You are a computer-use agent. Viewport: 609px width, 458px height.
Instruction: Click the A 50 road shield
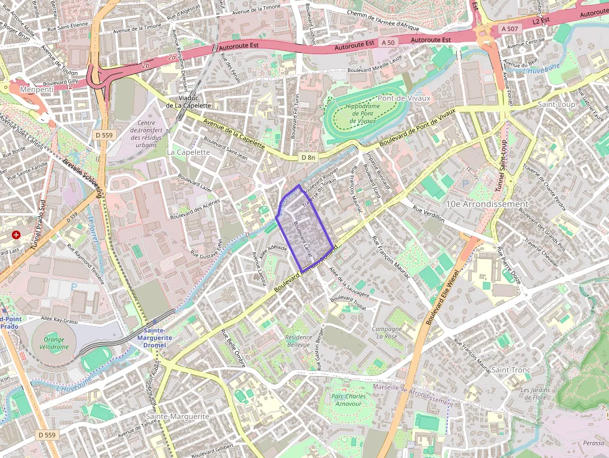(388, 42)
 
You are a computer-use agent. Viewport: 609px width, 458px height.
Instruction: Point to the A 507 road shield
(508, 29)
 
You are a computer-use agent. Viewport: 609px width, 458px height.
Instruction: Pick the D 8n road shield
(308, 157)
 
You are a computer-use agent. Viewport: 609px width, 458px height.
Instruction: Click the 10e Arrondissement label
(487, 204)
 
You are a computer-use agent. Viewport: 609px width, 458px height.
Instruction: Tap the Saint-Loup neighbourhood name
(556, 104)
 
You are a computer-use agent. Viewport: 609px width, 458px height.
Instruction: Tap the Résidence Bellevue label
(298, 341)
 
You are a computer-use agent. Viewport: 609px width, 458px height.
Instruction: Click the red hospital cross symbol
(16, 236)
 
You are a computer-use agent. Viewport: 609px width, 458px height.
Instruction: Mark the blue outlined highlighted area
(304, 230)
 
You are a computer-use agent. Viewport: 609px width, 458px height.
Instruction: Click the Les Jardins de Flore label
(534, 393)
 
